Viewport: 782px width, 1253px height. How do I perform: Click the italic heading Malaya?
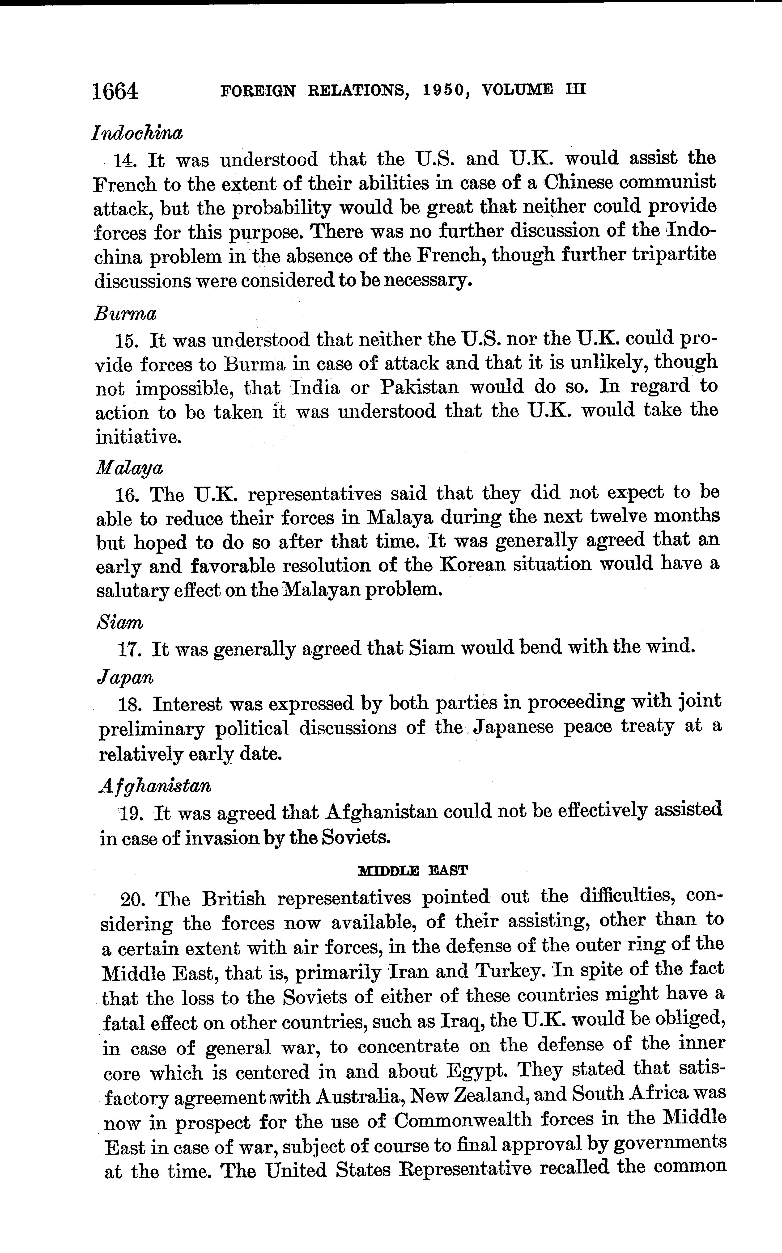point(129,468)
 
